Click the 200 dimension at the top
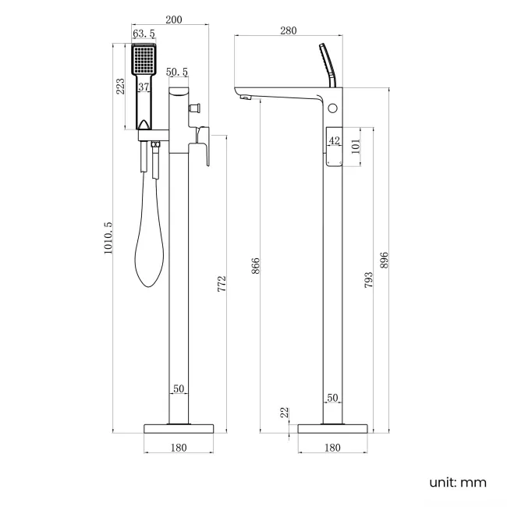(x=174, y=20)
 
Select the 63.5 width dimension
(x=143, y=34)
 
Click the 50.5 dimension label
(x=177, y=73)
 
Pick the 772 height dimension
(x=222, y=284)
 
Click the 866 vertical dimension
(x=255, y=267)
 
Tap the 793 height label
(x=368, y=279)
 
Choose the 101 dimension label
(x=355, y=147)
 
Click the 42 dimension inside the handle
(x=334, y=140)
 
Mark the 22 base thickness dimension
(x=286, y=411)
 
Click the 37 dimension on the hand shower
(x=144, y=87)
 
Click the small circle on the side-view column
(x=335, y=107)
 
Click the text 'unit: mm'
(x=457, y=482)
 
